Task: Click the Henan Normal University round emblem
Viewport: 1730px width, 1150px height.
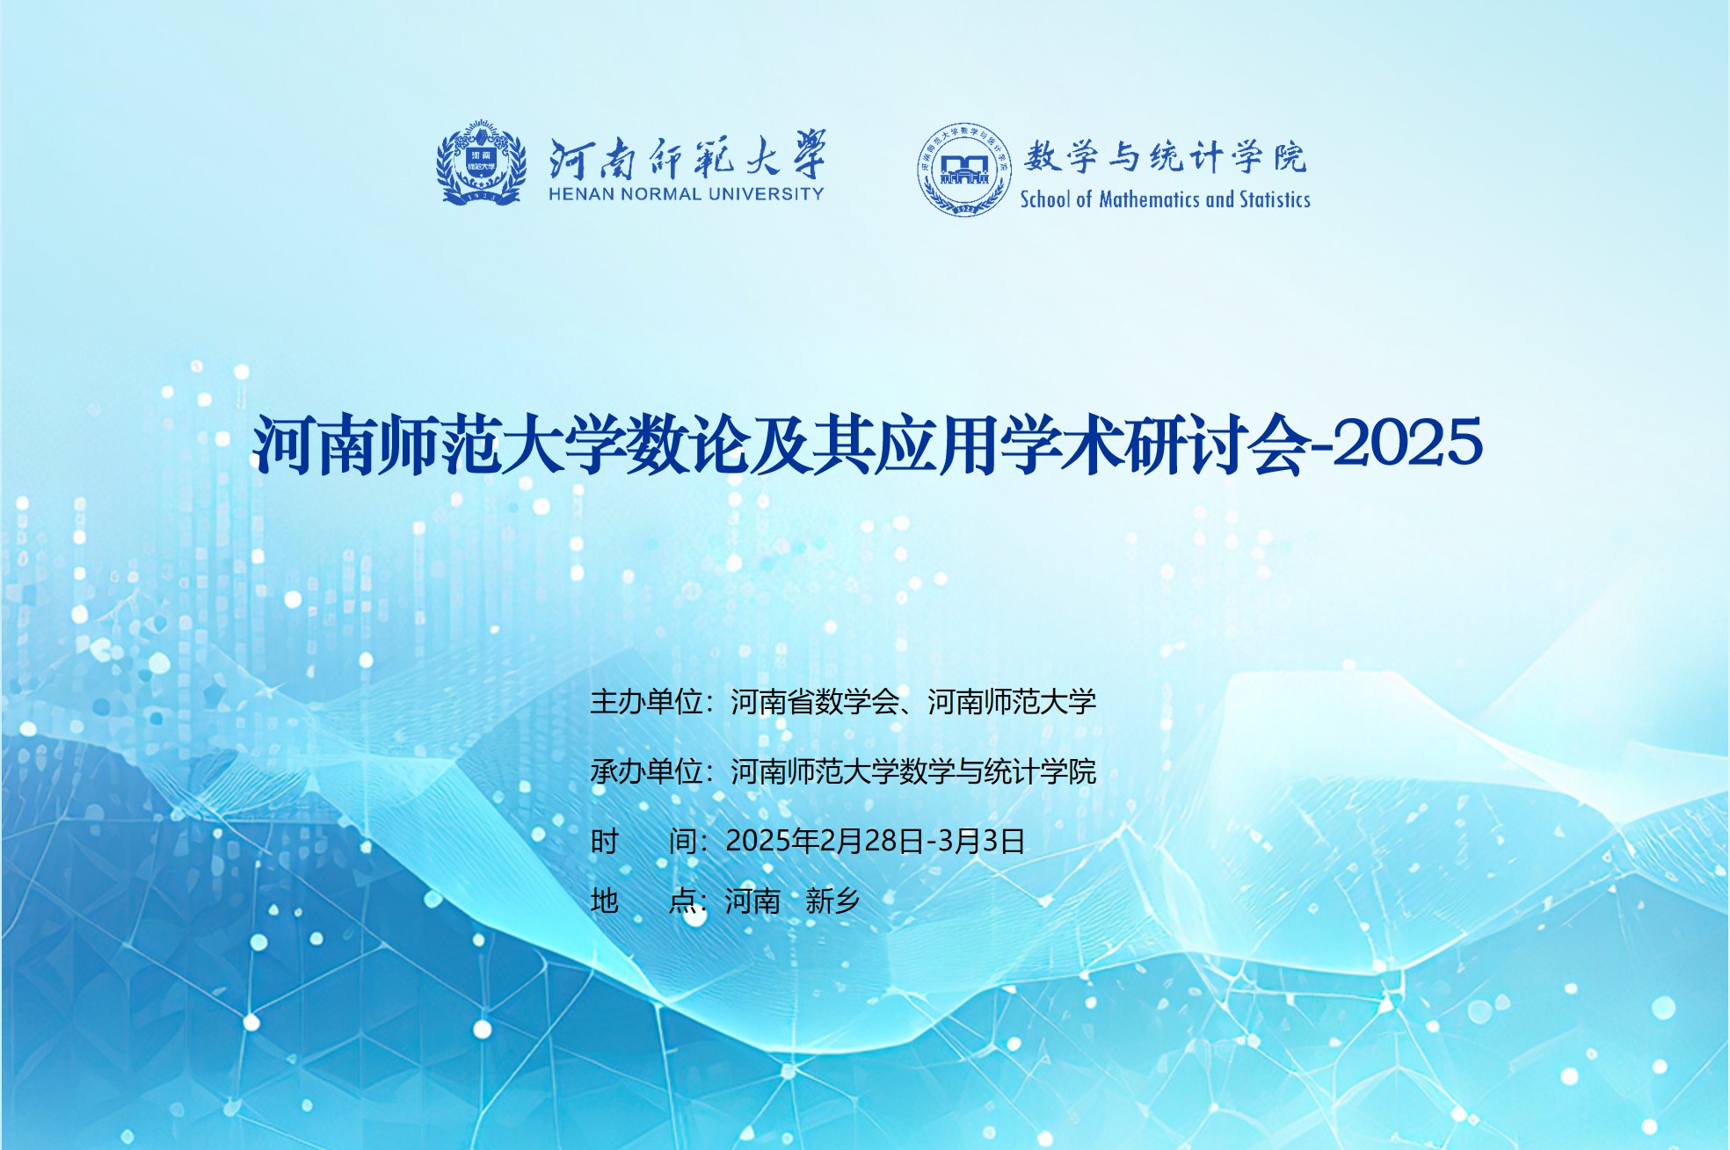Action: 481,163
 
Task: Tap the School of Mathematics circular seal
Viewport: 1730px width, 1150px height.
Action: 964,170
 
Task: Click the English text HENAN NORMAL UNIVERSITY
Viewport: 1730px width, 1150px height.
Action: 687,194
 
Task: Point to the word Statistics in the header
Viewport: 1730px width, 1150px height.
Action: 1275,199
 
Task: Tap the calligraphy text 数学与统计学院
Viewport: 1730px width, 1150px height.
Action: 1165,157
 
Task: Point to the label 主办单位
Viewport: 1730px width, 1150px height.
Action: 646,702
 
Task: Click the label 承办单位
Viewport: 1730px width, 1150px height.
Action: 646,771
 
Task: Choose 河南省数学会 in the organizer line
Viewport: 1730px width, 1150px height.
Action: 815,702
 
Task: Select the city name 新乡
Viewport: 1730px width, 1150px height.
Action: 832,901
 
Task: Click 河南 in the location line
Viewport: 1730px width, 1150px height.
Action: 752,901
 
